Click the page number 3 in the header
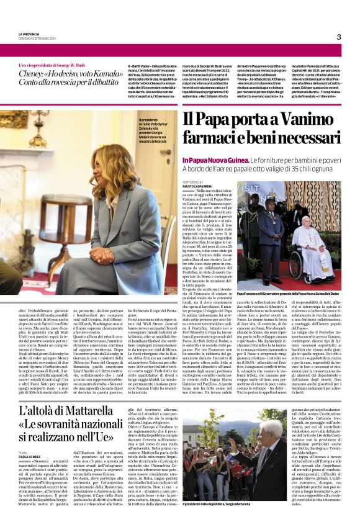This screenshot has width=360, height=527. click(x=339, y=37)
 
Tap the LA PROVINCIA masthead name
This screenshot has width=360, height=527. click(x=29, y=34)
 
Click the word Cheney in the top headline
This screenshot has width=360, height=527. click(x=34, y=73)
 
